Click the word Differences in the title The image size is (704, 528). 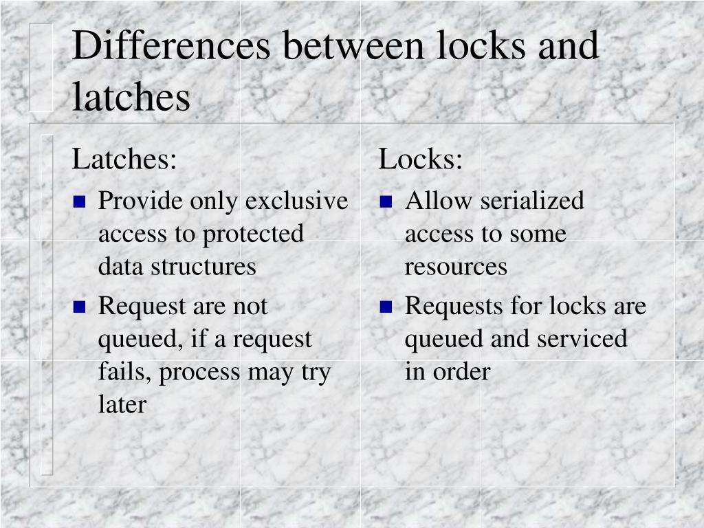coord(171,47)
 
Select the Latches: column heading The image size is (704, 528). coord(125,160)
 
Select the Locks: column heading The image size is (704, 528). coord(421,160)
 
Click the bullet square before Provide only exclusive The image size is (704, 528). coord(80,202)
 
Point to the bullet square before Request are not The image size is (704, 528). coord(80,307)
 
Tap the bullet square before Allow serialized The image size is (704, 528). coord(386,202)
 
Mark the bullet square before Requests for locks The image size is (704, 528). coord(386,307)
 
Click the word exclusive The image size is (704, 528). coord(296,201)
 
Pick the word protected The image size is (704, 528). coord(252,234)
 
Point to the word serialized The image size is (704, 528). coord(532,201)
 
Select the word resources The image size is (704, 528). coord(456,267)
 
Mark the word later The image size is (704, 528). coord(122,405)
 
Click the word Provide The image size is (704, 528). coord(141,201)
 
